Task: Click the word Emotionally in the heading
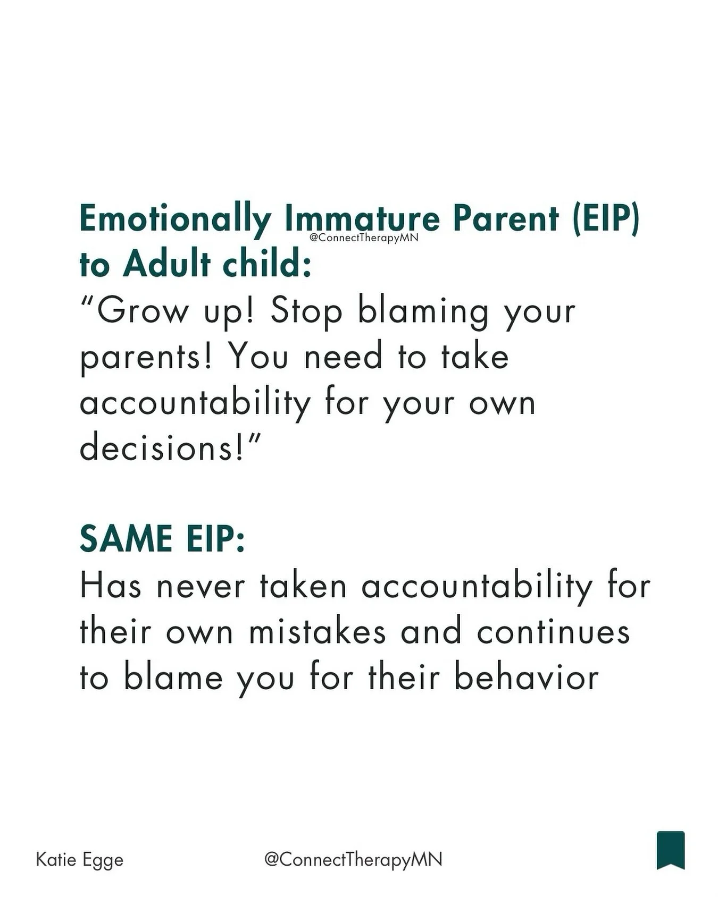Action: tap(175, 219)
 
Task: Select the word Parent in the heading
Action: tap(507, 219)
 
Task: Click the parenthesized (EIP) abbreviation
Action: tap(606, 219)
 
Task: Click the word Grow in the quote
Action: tap(143, 311)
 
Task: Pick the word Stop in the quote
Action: tap(306, 311)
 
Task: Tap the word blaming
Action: tap(423, 312)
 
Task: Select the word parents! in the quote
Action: tap(147, 358)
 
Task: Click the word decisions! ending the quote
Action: tap(164, 448)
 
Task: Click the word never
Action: tap(201, 586)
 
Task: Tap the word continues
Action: tap(553, 632)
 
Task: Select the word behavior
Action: tap(526, 678)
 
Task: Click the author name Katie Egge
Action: tap(80, 860)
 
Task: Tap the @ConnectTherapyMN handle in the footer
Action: tap(353, 860)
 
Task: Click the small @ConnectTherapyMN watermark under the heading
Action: tap(364, 238)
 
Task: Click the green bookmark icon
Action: tap(671, 850)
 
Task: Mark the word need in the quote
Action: tap(343, 357)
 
